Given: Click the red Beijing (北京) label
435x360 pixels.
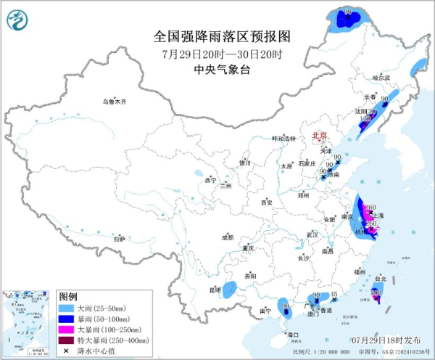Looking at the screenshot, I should (x=319, y=136).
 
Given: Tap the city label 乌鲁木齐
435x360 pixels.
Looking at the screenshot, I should (x=114, y=102).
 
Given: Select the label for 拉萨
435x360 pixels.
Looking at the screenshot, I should (x=119, y=239).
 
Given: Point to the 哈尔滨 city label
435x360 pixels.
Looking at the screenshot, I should (x=381, y=78).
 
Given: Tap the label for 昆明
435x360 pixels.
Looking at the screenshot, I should (x=214, y=290).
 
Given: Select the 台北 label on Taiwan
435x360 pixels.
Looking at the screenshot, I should (x=380, y=277).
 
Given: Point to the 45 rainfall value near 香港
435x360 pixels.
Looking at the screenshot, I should (x=334, y=293).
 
